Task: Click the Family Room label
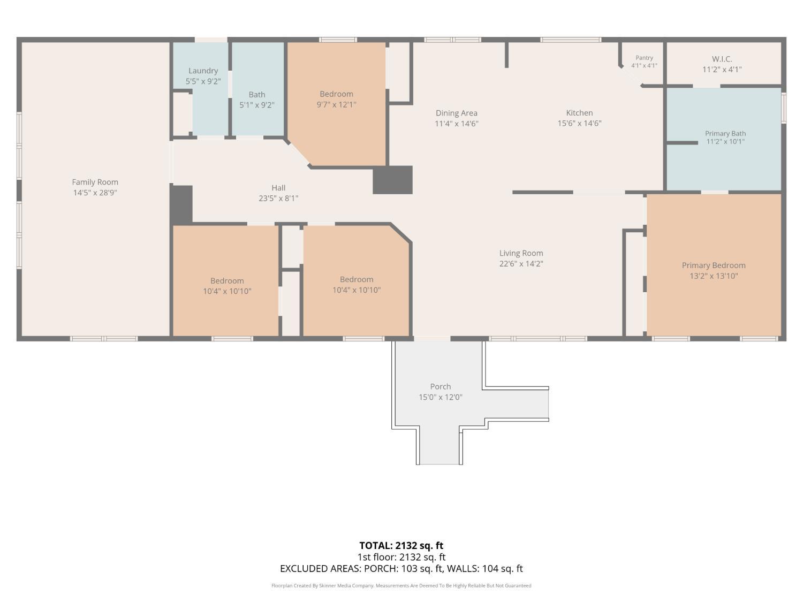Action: (95, 182)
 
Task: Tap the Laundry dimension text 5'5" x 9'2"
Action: (203, 81)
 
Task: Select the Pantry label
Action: (644, 58)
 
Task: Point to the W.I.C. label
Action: (722, 59)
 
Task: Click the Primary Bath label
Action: (725, 133)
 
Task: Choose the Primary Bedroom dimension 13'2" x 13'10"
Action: (714, 276)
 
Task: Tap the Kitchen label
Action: (579, 113)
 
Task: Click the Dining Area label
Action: (456, 113)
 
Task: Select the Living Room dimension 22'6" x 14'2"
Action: (521, 263)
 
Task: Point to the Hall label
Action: (278, 188)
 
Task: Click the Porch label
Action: (440, 386)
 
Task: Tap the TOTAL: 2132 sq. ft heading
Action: (401, 545)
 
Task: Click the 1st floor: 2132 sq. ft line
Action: (401, 557)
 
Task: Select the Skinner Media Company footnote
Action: (401, 585)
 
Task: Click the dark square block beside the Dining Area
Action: (392, 180)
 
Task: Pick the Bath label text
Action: (257, 95)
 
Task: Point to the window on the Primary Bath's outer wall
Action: (784, 108)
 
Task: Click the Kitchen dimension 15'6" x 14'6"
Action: (579, 123)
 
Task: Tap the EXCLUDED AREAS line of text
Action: (401, 568)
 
